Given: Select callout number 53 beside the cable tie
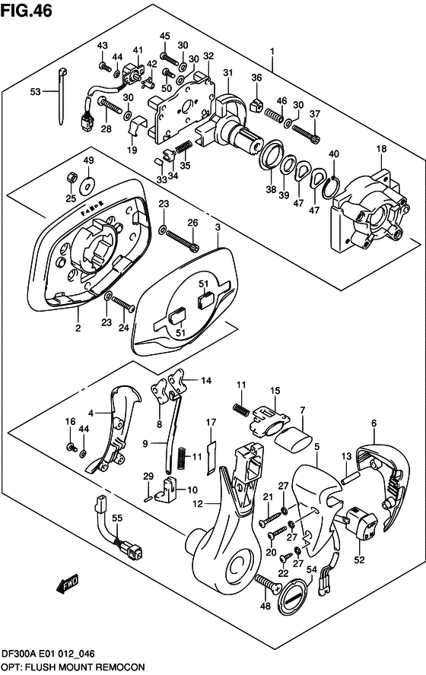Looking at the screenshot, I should (35, 92).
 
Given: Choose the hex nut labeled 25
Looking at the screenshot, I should (70, 178).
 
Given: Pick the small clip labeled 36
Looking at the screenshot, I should (256, 99).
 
